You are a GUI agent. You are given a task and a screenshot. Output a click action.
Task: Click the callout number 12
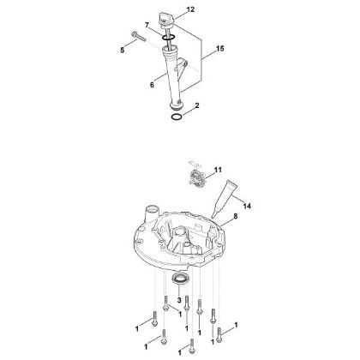pyautogui.click(x=190, y=9)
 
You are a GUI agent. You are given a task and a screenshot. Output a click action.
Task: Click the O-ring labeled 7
pyautogui.click(x=170, y=37)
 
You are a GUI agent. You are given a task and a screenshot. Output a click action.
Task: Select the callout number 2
pyautogui.click(x=198, y=105)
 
